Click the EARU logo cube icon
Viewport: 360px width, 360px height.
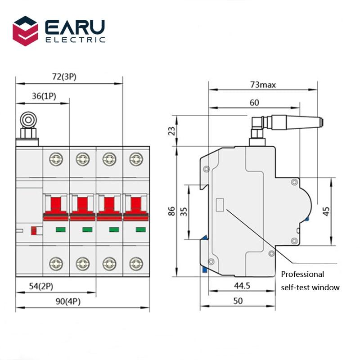25,31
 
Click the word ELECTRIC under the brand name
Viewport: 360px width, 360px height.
75,40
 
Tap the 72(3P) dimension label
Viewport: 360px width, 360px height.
64,76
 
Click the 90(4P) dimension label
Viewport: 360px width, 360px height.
68,302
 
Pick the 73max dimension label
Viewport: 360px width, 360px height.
263,84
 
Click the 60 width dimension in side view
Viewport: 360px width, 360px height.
254,103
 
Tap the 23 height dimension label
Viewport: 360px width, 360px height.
171,131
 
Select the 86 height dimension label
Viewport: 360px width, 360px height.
171,211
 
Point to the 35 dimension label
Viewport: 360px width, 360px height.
183,211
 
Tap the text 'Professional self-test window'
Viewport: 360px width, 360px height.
310,281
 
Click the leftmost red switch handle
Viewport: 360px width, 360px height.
56,205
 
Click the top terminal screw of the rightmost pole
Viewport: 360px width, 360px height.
135,158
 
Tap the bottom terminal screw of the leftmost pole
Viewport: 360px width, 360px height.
56,263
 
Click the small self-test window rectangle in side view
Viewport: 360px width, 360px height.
221,205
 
